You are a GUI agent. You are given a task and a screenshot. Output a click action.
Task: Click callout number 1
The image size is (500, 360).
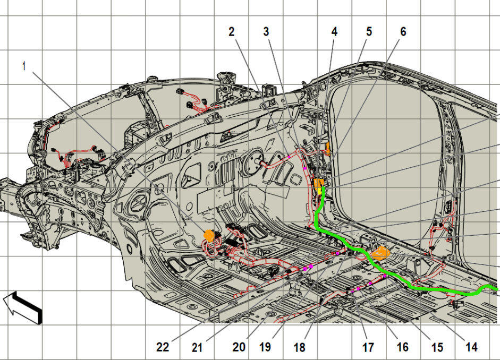[x=24, y=66]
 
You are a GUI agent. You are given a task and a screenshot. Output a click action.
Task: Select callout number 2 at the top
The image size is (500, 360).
[x=232, y=31]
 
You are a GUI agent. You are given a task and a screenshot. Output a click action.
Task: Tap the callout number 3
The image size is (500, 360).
[x=266, y=31]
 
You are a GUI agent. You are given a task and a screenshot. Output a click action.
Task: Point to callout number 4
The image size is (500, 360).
[x=334, y=31]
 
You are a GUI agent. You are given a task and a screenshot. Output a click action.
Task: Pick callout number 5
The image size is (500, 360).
[x=369, y=31]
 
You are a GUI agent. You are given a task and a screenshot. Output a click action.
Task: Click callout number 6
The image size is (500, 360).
[x=403, y=31]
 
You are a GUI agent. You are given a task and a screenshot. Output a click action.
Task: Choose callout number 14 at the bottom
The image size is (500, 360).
[x=471, y=347]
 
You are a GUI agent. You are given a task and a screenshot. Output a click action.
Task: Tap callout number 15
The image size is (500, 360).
[x=437, y=347]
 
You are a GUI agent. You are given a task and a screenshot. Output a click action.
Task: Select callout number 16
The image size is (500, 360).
[x=402, y=347]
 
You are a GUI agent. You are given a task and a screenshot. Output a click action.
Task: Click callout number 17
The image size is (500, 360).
[x=368, y=347]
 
